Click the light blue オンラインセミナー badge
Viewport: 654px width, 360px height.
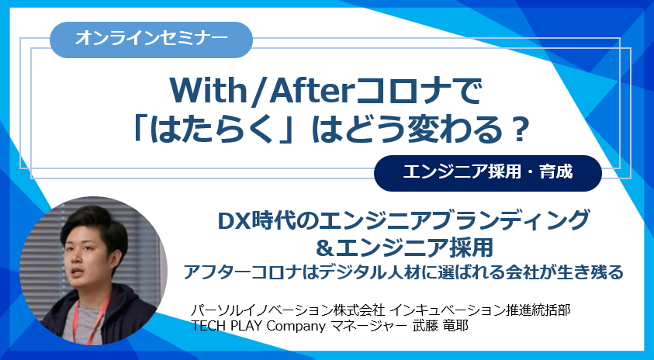click(151, 40)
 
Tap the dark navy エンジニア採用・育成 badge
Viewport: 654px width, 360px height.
click(487, 173)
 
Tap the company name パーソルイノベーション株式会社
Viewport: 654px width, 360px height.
click(289, 310)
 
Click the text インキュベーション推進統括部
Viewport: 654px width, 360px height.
click(482, 310)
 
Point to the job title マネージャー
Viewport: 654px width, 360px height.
click(369, 326)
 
